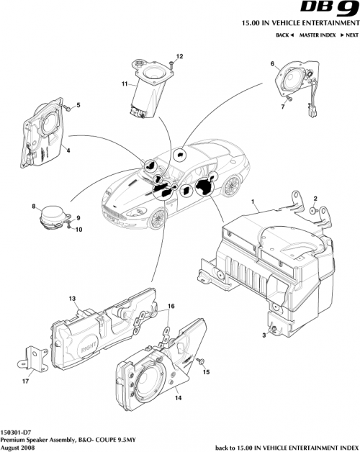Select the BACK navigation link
tap(285, 35)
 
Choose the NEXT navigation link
tap(349, 35)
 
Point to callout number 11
tap(125, 84)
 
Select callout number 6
tap(273, 65)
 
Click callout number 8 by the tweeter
tap(34, 207)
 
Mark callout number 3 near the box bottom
tap(264, 335)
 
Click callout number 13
tap(72, 298)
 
